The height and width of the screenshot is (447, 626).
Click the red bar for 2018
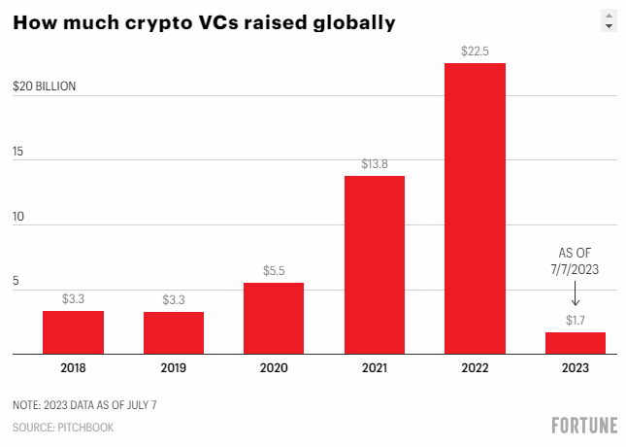73,332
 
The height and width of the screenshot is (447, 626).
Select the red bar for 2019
174,332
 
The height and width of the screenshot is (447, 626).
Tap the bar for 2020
274,319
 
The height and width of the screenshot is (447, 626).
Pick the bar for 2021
375,264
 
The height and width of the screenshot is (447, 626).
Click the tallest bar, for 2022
475,209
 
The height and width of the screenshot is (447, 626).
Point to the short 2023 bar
575,343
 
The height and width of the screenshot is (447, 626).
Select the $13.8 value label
375,164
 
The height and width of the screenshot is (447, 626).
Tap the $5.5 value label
274,271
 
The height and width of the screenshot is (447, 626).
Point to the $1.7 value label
575,320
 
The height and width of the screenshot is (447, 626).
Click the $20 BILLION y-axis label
44,86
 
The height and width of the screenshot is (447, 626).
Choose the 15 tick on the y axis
18,153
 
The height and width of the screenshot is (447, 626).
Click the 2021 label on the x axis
375,369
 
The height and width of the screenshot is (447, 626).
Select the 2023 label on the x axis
575,369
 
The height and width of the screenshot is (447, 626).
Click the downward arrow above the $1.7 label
575,293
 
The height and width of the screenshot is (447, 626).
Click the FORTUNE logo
583,425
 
